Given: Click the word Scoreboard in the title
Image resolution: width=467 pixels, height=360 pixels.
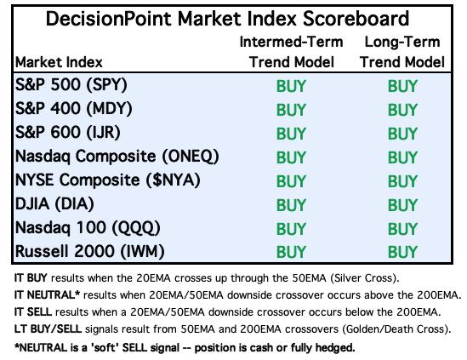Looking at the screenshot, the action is coord(356,19).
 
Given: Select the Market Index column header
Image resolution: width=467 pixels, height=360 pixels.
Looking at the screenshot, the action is coord(59,62).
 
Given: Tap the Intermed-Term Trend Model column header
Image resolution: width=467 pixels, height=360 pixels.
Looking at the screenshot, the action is coord(291,52).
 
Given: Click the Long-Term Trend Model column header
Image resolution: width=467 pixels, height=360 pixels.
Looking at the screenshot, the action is coord(402,52).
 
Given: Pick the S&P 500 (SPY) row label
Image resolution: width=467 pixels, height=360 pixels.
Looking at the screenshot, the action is coord(71,85).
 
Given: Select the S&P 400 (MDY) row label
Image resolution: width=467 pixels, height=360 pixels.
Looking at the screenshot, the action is coord(73,109).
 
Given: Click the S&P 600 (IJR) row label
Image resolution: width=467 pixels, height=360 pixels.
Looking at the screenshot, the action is coord(68,132).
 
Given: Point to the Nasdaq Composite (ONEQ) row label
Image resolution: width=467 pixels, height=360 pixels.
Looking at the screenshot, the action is coord(117,157).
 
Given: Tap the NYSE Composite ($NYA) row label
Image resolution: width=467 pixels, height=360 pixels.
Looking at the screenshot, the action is coord(108,180).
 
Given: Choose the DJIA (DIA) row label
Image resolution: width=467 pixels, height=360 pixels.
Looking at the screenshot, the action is coord(54,204).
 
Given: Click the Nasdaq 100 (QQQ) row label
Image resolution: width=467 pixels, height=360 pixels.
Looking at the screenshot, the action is coord(88,228).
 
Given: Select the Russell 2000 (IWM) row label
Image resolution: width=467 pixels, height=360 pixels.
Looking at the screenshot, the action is coord(90,251).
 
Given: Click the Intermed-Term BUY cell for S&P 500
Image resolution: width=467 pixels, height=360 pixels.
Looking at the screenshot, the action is coord(291,86).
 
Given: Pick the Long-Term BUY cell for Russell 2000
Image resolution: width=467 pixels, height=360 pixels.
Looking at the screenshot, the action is coord(402,252).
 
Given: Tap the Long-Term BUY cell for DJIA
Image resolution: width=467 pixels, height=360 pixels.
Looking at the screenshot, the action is coord(402,205).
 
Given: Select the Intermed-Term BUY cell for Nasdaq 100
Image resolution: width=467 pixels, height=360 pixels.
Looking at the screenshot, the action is coord(291,229).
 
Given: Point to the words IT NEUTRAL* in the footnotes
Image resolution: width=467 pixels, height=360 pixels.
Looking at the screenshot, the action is coord(47,295).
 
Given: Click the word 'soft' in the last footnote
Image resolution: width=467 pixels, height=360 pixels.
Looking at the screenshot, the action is coord(105,347).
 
